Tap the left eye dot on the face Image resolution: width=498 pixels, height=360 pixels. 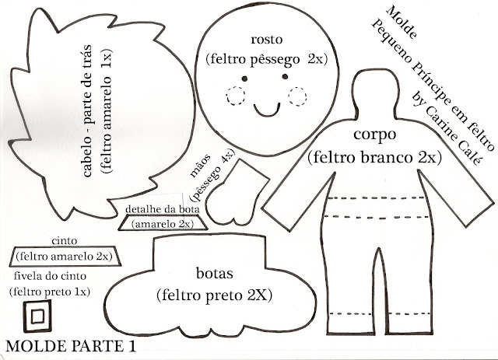(x=244, y=79)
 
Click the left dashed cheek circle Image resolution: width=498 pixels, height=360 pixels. (x=235, y=97)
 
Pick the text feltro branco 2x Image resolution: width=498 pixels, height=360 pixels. (x=375, y=158)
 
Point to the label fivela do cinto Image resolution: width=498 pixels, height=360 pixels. (x=50, y=276)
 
